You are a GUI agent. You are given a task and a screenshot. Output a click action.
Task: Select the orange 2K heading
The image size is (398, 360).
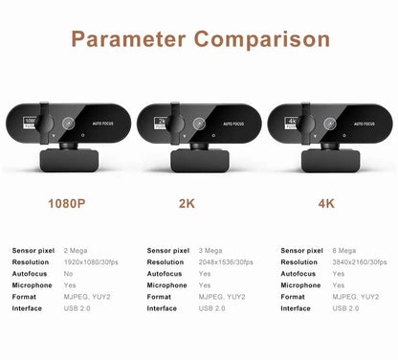point(199,202)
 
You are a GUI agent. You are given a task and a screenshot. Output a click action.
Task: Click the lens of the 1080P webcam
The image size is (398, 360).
point(69,124)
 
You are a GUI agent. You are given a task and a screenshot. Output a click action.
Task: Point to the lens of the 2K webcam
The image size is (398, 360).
point(199,124)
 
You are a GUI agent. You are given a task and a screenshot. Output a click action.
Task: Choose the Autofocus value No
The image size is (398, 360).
point(68,273)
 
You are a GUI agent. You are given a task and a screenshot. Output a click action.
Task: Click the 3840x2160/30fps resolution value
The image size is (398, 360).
point(360,261)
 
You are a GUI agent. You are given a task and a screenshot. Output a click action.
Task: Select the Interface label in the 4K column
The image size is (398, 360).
point(296,308)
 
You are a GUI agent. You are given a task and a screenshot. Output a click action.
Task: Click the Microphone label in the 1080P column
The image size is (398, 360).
point(32,284)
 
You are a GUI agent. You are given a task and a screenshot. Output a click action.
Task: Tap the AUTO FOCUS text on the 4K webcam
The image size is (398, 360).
point(362,124)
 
